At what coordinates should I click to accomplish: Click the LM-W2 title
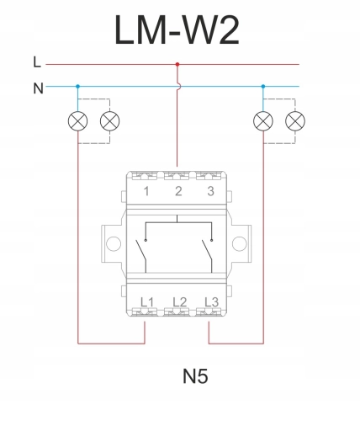177,30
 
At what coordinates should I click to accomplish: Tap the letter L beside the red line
37,62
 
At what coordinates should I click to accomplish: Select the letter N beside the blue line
38,88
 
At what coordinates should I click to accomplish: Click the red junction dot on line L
177,64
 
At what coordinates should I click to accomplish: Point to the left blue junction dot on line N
78,87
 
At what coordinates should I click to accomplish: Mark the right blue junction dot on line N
263,87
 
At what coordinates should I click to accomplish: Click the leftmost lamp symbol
78,121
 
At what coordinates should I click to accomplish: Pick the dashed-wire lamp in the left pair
110,121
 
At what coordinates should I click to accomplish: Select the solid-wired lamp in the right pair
263,121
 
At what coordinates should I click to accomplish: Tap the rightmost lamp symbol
295,121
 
